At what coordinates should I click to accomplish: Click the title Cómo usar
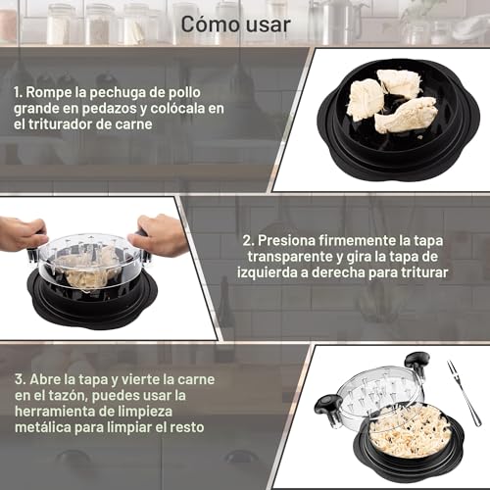tap(244, 24)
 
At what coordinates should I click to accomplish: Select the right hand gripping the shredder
tap(162, 235)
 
